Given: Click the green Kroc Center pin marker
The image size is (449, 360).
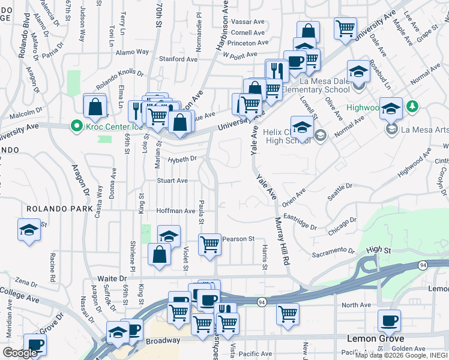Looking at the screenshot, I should click(x=76, y=126).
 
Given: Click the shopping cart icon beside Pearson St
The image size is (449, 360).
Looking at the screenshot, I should click(x=209, y=244).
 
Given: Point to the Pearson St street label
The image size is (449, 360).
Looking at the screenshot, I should click(x=238, y=239).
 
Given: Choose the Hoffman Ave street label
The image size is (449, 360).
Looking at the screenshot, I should click(x=176, y=211).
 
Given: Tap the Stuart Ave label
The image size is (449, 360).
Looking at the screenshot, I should click(x=172, y=180).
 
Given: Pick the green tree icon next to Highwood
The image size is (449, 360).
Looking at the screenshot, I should click(x=412, y=106).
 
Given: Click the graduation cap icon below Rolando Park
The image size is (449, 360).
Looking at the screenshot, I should click(x=29, y=230).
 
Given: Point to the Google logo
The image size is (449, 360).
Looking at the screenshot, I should click(x=19, y=353).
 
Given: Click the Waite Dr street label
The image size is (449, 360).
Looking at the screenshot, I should click(x=113, y=278).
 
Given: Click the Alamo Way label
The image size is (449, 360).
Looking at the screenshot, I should click(x=132, y=52).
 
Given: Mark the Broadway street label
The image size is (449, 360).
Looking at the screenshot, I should click(x=163, y=340).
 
